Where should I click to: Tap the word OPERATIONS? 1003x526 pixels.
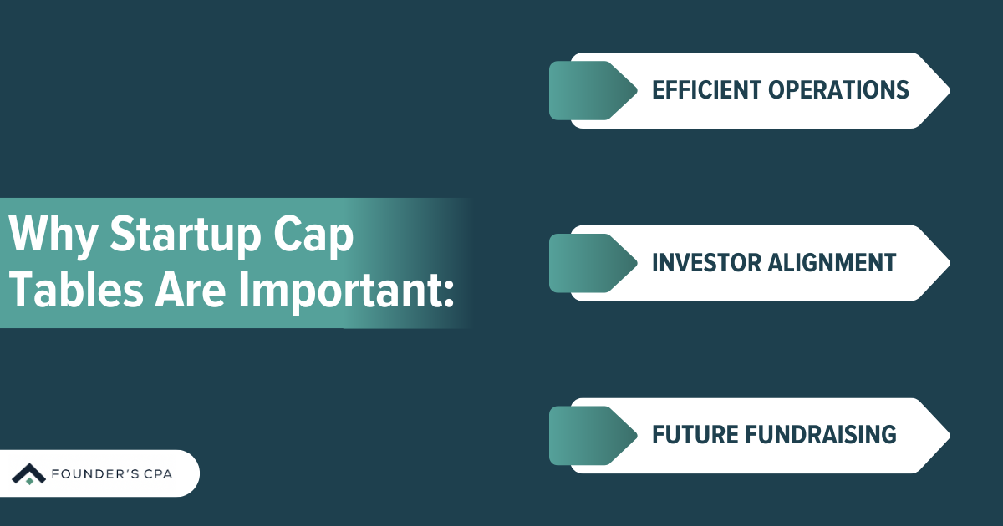pos(838,90)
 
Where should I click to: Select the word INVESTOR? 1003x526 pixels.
pos(706,262)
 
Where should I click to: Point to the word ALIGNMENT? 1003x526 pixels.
pos(832,262)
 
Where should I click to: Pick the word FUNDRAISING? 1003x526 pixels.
pos(821,435)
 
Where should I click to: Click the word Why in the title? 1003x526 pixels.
pos(53,235)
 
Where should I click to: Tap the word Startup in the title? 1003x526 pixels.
pos(186,235)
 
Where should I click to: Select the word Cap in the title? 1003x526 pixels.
pos(313,235)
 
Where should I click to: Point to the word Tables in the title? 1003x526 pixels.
pos(76,290)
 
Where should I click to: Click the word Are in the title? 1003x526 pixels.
pos(191,291)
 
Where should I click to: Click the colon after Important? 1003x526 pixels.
pos(450,296)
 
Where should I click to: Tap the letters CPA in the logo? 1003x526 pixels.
pos(158,473)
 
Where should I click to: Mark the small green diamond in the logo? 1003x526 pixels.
pos(29,481)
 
